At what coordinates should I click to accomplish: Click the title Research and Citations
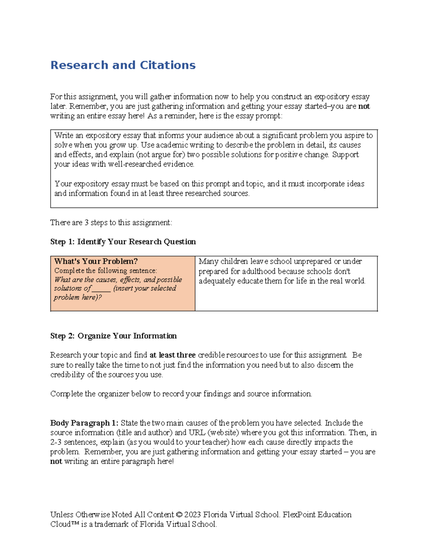(x=123, y=65)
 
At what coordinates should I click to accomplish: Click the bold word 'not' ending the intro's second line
(x=364, y=106)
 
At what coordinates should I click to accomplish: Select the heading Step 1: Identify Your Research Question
(x=123, y=242)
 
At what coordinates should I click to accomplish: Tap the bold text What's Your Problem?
(x=96, y=261)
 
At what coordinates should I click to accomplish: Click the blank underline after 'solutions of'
(x=101, y=289)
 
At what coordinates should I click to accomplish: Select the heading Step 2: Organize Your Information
(x=113, y=336)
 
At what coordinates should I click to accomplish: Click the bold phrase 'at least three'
(x=172, y=355)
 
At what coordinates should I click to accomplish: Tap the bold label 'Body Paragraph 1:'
(x=84, y=423)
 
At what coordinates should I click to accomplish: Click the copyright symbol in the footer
(x=179, y=515)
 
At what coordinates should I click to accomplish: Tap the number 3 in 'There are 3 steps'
(x=86, y=223)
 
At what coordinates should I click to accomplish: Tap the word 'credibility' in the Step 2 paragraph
(x=67, y=375)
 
